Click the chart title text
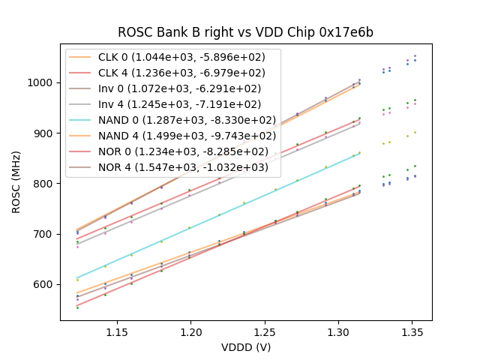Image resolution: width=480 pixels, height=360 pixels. point(245,33)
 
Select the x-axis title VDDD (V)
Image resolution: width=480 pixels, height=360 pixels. point(245,347)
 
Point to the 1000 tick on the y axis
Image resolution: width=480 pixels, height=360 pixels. point(42,82)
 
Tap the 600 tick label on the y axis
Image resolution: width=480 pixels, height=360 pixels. point(45,284)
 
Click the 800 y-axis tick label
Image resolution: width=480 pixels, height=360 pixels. point(45,184)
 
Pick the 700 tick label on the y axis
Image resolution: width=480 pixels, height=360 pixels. point(45,234)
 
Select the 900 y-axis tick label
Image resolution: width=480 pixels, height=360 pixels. point(45,133)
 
